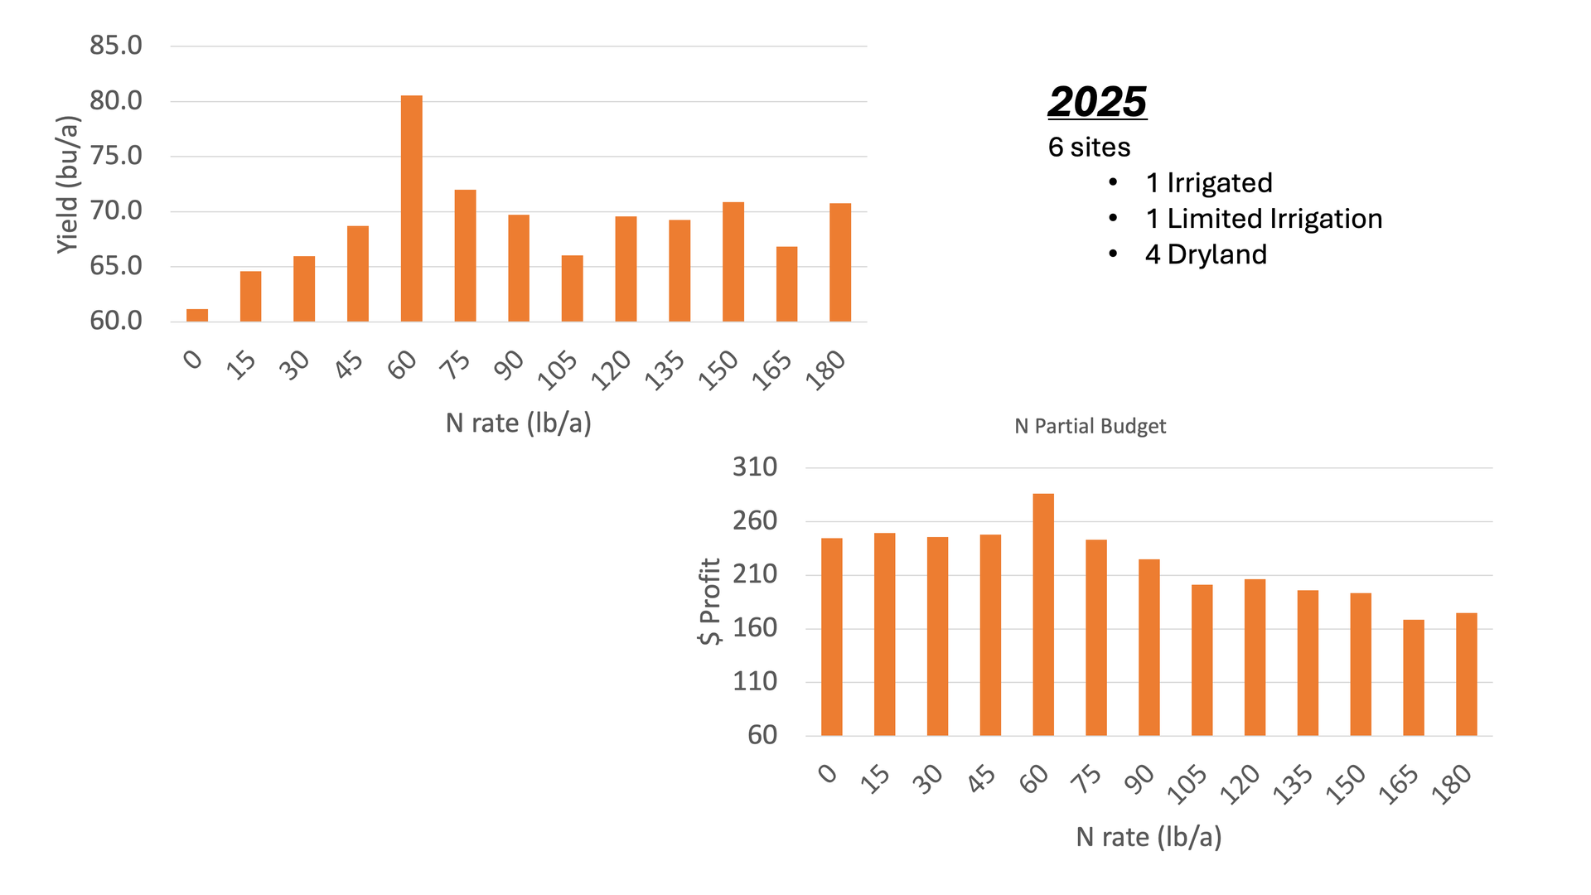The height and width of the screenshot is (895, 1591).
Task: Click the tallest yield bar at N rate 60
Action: click(x=411, y=209)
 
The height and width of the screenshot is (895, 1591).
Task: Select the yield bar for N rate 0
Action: click(x=197, y=316)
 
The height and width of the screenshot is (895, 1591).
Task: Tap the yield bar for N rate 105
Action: click(x=572, y=288)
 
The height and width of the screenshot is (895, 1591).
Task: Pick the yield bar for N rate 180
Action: click(x=840, y=263)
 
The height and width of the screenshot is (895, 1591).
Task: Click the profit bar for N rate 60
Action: click(x=1043, y=615)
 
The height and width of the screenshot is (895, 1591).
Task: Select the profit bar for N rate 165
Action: click(x=1414, y=678)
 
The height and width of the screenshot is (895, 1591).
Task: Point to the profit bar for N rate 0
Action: click(x=832, y=637)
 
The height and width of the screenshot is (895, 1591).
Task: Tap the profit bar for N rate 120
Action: click(x=1255, y=657)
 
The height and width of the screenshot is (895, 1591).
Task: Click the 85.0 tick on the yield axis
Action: click(x=116, y=46)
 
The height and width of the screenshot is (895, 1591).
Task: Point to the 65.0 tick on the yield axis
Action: click(x=116, y=266)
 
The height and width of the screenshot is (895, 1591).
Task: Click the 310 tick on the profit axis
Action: click(x=755, y=467)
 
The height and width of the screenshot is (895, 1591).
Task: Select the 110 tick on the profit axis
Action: click(x=755, y=682)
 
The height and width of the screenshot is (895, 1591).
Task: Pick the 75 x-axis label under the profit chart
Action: click(x=1087, y=780)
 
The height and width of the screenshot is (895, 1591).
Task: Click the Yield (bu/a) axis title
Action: click(x=68, y=185)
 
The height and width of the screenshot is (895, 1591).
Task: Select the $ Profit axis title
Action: click(x=710, y=602)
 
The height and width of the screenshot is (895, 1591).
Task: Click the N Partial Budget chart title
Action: click(x=1090, y=426)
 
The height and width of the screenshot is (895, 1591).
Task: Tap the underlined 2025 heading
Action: click(x=1097, y=102)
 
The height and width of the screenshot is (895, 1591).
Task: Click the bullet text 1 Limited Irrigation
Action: click(x=1264, y=219)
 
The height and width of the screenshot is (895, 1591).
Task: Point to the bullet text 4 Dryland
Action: click(x=1206, y=254)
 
